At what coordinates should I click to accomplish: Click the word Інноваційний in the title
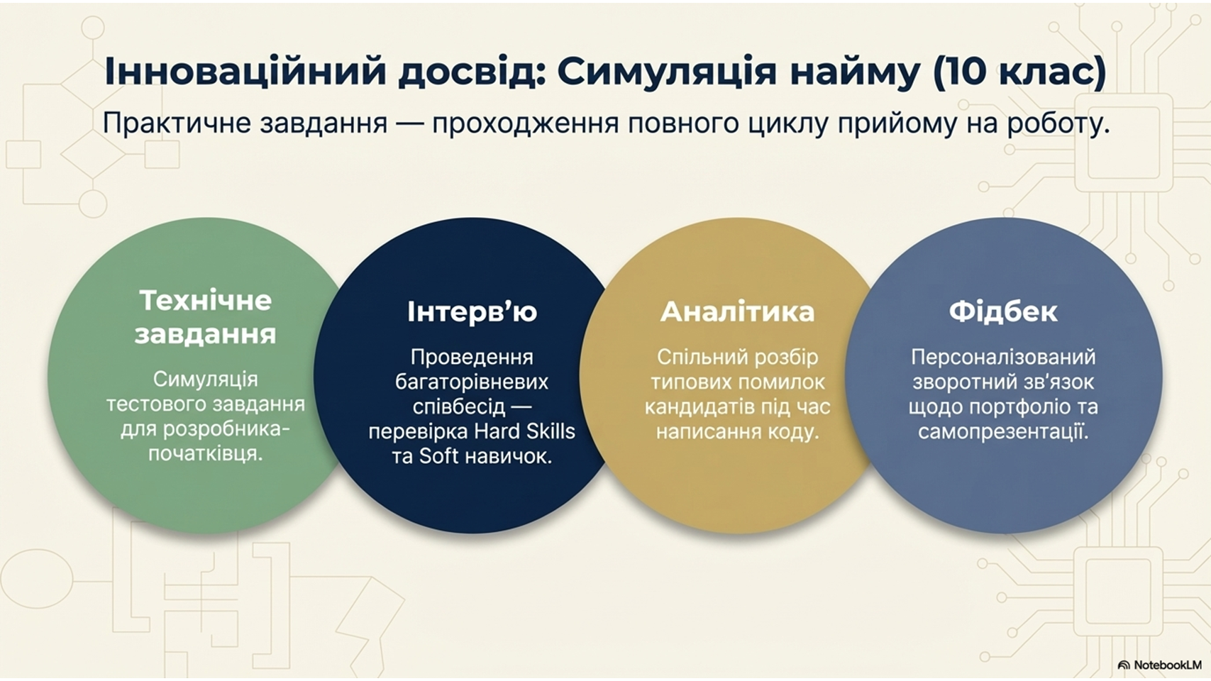[245, 72]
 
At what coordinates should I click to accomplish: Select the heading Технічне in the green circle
[206, 301]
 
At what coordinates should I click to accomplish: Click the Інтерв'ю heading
[472, 312]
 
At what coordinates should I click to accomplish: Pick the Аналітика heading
[737, 312]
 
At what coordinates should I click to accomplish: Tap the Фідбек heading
[1003, 311]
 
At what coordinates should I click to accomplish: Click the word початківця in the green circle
[206, 454]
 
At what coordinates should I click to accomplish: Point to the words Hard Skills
[524, 431]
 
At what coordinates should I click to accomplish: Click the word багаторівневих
[472, 382]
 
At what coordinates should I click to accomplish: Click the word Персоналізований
[1003, 358]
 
